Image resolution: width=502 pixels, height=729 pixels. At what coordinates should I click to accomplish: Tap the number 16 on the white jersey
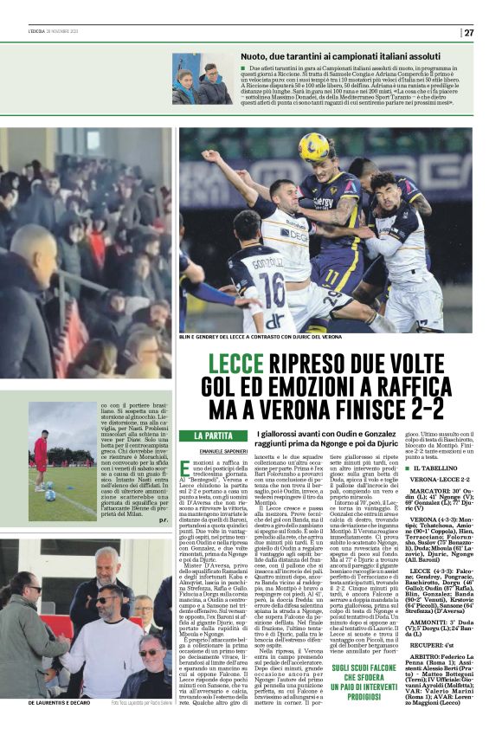274,287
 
